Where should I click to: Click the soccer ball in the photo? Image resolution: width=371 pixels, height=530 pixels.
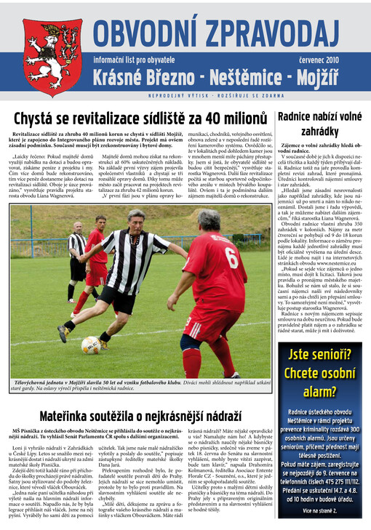point(90,345)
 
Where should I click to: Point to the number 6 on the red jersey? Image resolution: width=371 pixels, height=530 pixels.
point(231,257)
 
